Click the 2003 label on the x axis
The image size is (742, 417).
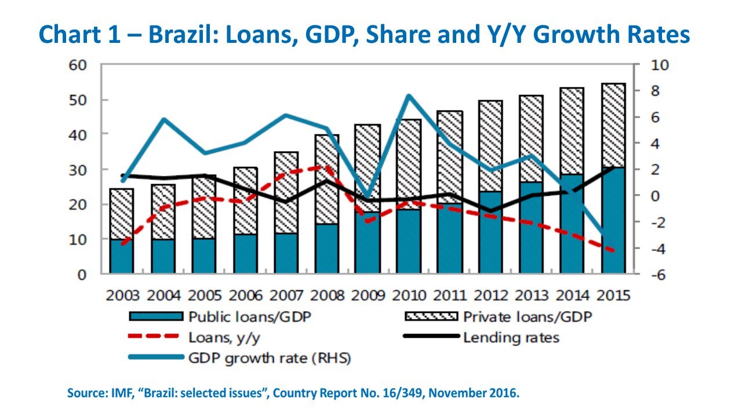122,295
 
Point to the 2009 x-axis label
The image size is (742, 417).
368,295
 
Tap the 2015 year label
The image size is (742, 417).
613,295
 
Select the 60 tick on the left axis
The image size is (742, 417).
78,65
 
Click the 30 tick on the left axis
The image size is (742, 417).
78,170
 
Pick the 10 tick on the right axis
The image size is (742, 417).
660,65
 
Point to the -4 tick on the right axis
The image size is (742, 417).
658,249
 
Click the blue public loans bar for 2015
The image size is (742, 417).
614,221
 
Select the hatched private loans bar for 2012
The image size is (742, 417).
491,146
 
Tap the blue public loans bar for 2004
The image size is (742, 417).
163,256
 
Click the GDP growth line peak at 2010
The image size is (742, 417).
409,96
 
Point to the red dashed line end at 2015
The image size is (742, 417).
613,251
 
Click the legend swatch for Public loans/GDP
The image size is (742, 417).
156,316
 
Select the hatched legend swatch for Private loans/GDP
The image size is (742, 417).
431,316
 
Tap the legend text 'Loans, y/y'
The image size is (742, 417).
224,338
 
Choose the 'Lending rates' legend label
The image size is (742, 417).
511,338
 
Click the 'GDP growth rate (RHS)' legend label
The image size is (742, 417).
270,359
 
